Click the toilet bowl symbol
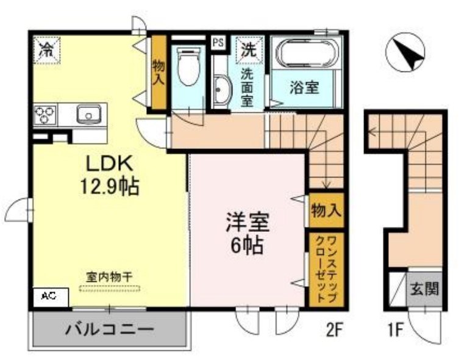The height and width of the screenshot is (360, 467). (188, 67)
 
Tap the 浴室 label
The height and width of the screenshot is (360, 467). (304, 87)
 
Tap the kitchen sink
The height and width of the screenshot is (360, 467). (89, 114)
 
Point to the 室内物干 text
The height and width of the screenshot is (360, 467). (109, 276)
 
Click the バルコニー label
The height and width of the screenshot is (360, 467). (109, 330)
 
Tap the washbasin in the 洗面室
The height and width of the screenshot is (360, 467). (221, 91)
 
